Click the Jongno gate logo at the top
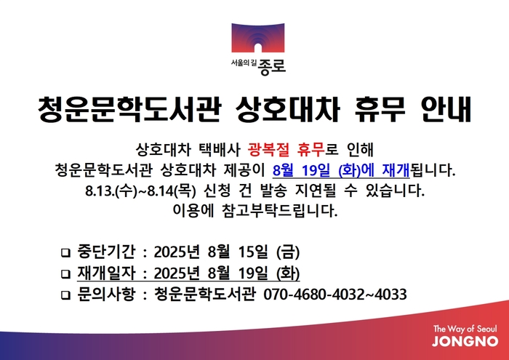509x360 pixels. (257, 37)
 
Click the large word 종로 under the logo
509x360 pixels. (272, 66)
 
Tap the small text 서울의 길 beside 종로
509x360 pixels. (244, 63)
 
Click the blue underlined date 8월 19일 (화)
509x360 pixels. (316, 170)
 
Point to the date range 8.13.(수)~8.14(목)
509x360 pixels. (140, 191)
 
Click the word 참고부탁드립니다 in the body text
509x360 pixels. (280, 211)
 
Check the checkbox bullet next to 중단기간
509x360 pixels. (66, 253)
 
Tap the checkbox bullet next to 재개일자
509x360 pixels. (66, 274)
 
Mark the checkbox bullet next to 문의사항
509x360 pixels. (66, 295)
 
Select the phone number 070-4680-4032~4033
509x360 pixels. (335, 295)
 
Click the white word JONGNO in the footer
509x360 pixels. (465, 341)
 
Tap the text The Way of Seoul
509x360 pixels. (465, 329)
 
